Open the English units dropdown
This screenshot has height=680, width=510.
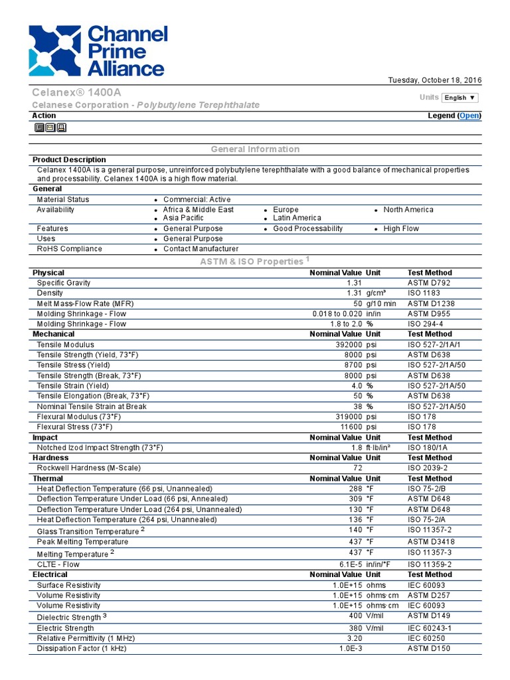[460, 98]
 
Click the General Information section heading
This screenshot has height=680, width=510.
[255, 149]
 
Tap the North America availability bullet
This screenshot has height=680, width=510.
[408, 210]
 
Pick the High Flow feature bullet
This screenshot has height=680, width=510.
[401, 228]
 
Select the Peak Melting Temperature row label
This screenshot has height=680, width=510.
[82, 542]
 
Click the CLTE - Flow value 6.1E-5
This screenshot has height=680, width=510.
[350, 564]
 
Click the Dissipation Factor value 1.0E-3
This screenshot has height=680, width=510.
[350, 648]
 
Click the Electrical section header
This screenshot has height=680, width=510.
[50, 574]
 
